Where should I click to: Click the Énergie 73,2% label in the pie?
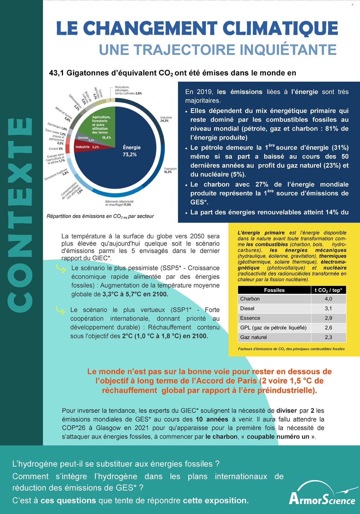coord(131,151)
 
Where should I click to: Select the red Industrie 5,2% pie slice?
coord(87,147)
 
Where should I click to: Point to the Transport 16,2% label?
coord(170,170)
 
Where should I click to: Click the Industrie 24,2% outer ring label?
coord(166,119)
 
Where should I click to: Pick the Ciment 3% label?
coord(56,149)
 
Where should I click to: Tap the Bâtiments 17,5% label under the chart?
coord(119,203)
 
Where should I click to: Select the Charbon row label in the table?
coord(250,299)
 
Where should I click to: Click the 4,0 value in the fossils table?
coord(328,299)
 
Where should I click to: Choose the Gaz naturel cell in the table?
coord(253,337)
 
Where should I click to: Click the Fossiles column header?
coord(274,290)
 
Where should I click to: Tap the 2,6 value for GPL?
coord(328,328)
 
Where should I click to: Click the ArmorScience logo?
coord(323,495)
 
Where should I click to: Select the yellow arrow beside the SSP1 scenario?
coord(60,310)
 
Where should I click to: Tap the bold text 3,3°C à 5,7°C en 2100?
coord(135,294)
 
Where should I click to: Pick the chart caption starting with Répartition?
coord(100,216)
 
